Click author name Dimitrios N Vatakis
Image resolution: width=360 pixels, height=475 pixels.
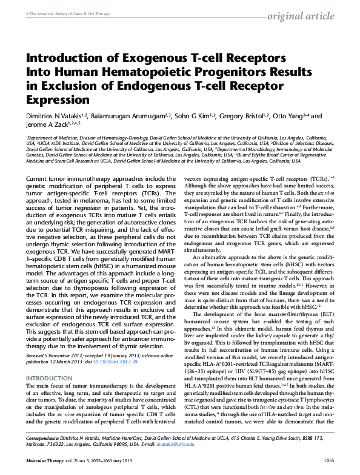point(55,115)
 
